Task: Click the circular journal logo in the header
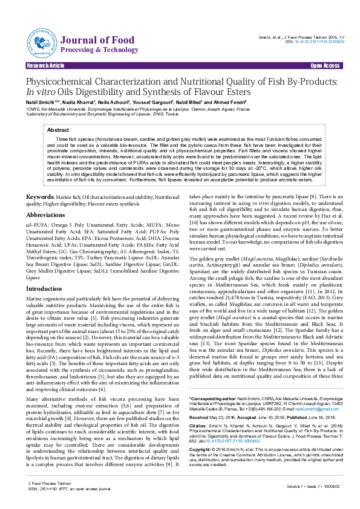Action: [41, 42]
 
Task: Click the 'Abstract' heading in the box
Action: [58, 130]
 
